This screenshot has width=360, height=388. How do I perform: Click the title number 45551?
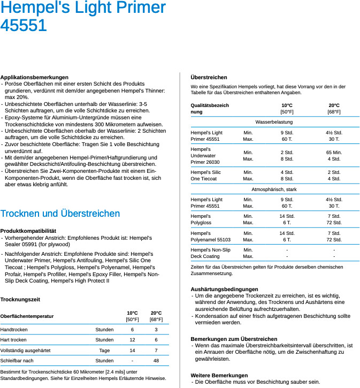point(24,25)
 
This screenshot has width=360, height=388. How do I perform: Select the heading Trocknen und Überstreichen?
point(60,214)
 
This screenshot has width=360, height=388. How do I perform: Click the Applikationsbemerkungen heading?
point(34,78)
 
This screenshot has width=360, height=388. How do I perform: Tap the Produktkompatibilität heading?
point(28,231)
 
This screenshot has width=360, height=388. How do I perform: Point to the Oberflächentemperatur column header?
point(27,316)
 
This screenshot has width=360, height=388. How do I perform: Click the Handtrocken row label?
point(14,330)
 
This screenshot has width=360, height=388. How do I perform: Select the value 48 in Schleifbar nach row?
point(156,361)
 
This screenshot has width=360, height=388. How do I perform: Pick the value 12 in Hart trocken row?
point(132,340)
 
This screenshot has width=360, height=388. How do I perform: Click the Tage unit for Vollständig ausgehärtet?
point(104,351)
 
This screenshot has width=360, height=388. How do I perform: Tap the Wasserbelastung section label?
point(274,122)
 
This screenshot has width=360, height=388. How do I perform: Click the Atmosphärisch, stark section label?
point(274,189)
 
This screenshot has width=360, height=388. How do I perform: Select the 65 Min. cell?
point(334,153)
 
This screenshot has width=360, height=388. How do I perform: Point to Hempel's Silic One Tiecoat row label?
point(205,176)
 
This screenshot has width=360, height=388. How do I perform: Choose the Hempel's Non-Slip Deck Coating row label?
point(210,253)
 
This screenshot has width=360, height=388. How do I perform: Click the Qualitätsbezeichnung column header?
point(210,109)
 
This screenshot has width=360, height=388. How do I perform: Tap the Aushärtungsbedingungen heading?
point(224,289)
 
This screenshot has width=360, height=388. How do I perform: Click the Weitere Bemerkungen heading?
point(219,375)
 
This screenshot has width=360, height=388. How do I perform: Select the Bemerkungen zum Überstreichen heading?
point(234,339)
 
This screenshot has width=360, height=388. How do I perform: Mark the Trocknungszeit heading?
point(20,300)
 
